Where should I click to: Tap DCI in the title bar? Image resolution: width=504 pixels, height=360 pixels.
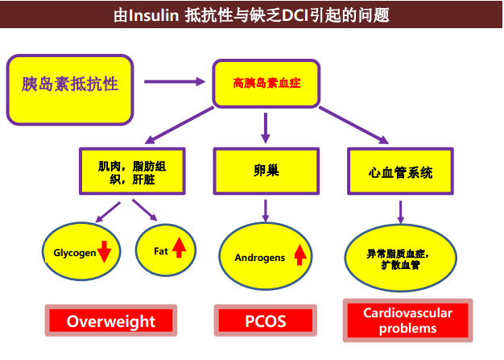295,15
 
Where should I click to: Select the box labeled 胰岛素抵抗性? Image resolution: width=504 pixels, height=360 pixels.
70,89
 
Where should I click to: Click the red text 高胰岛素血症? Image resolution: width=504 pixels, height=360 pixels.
266,83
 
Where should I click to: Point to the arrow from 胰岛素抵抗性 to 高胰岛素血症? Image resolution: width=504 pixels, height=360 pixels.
175,81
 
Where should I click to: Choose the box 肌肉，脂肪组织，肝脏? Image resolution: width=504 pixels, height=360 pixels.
132,171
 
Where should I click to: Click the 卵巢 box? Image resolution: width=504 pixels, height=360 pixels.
266,171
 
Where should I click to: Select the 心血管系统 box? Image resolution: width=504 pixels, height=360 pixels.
400,171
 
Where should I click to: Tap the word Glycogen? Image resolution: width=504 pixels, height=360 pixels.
75,253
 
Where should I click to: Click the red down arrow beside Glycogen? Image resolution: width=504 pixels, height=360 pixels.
104,252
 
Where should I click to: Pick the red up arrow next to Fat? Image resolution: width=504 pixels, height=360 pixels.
179,247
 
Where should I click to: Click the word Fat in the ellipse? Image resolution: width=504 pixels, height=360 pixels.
161,251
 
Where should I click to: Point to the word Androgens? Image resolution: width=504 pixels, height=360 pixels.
260,258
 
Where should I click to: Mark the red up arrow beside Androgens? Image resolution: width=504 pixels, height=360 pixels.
300,254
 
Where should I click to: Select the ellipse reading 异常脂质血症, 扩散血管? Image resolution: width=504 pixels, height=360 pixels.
400,258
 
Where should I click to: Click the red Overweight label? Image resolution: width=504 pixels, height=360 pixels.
111,321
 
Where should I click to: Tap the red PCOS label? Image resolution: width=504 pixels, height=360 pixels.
266,321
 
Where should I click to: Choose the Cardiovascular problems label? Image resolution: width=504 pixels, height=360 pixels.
408,321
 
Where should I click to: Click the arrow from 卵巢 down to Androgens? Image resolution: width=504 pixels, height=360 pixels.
266,210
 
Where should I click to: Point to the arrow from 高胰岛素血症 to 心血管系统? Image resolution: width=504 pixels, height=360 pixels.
354,126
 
